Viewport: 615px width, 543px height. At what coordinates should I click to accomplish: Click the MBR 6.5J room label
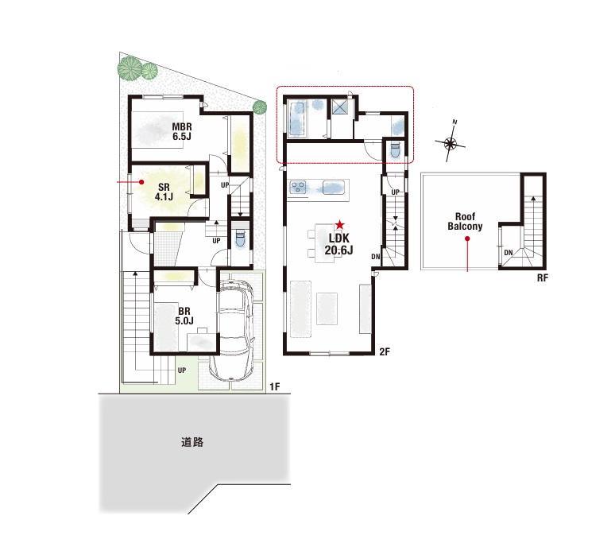tap(182, 131)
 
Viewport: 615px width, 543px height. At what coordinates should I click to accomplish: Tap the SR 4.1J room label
tap(164, 192)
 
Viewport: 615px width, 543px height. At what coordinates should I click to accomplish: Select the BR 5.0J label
tap(184, 316)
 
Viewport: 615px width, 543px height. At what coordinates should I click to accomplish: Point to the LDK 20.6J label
tap(338, 243)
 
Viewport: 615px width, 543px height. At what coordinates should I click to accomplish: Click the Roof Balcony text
tap(465, 221)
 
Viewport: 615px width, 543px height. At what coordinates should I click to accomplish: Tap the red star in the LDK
tap(339, 225)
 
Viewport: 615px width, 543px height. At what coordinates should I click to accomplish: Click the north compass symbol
tap(451, 143)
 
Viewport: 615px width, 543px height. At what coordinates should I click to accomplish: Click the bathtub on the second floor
tap(297, 118)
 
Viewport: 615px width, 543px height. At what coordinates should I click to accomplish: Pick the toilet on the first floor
tap(240, 239)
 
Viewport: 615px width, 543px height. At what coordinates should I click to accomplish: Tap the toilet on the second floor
tap(395, 150)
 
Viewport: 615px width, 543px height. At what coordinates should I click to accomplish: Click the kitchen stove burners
tap(298, 187)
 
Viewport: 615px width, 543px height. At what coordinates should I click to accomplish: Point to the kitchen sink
tap(334, 187)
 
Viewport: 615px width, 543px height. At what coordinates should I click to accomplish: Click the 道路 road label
tap(192, 442)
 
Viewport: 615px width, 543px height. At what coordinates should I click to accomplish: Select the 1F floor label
tap(275, 387)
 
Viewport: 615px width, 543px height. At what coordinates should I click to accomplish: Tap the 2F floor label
tap(385, 351)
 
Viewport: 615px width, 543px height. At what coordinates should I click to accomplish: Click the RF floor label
tap(543, 278)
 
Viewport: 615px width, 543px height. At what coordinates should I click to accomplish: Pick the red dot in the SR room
tap(141, 182)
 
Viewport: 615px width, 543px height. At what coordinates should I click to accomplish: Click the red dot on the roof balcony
tap(467, 239)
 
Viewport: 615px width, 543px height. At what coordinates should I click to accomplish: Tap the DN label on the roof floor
tap(509, 253)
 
